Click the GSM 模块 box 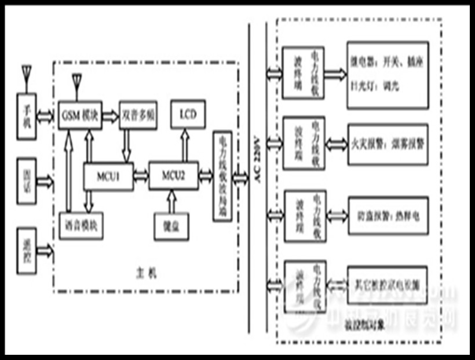tap(81, 114)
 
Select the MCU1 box tap(108, 175)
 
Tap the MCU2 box tap(173, 175)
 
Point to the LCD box tap(188, 114)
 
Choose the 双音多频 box tap(138, 114)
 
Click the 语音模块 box tap(81, 226)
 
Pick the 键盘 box tap(170, 226)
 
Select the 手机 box tap(26, 116)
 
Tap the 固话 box tap(26, 181)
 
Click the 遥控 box tap(26, 245)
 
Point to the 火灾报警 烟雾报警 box tap(388, 144)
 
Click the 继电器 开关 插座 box tap(388, 74)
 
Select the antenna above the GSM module tap(76, 84)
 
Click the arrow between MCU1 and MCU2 tap(141, 175)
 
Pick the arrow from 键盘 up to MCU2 tap(170, 202)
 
